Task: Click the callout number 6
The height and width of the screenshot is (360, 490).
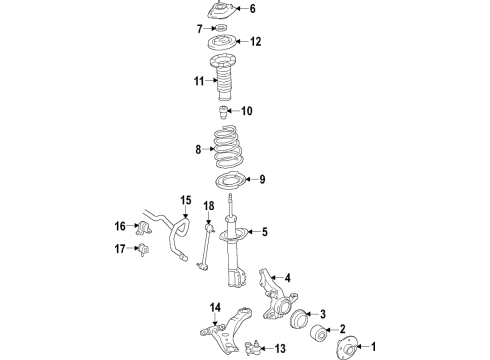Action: click(253, 10)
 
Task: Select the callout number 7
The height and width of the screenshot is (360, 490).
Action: click(200, 28)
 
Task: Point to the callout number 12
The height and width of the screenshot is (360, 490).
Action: click(256, 42)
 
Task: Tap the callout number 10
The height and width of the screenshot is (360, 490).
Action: click(248, 111)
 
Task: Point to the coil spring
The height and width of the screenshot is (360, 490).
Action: click(225, 151)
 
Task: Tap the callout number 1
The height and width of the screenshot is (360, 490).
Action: click(377, 348)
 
